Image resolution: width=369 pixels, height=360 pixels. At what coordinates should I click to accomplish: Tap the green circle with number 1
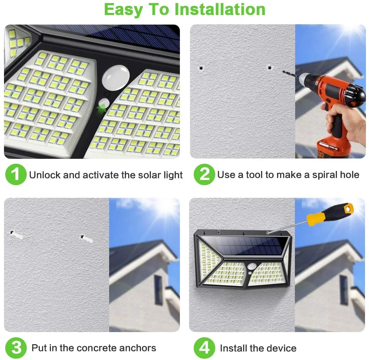tap(15, 174)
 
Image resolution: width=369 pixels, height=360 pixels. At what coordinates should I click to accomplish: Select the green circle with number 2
tap(204, 174)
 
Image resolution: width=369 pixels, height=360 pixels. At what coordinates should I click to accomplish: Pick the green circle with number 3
tap(16, 348)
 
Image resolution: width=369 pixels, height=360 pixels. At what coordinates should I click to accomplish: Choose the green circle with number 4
tap(204, 348)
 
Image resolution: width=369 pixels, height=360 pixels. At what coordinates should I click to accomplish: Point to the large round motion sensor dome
tap(116, 76)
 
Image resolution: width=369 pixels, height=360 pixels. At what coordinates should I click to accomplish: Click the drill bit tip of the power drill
tap(284, 72)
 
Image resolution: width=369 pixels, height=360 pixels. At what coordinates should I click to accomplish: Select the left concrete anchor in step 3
tap(17, 235)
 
